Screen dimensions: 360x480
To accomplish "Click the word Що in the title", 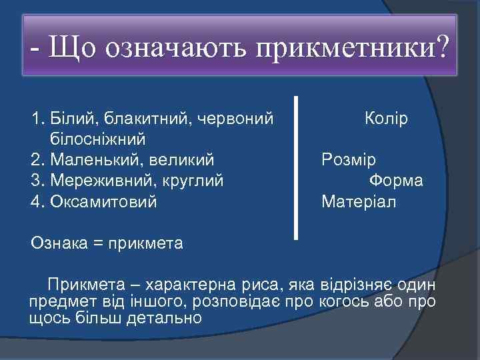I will [x=73, y=49].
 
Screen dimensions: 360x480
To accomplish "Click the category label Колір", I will [x=387, y=119].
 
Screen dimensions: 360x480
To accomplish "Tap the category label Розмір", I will [x=349, y=160].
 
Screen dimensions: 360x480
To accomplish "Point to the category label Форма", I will [x=396, y=181].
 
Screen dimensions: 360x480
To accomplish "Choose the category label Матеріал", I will [x=359, y=201].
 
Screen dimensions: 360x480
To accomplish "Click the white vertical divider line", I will [x=296, y=167].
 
